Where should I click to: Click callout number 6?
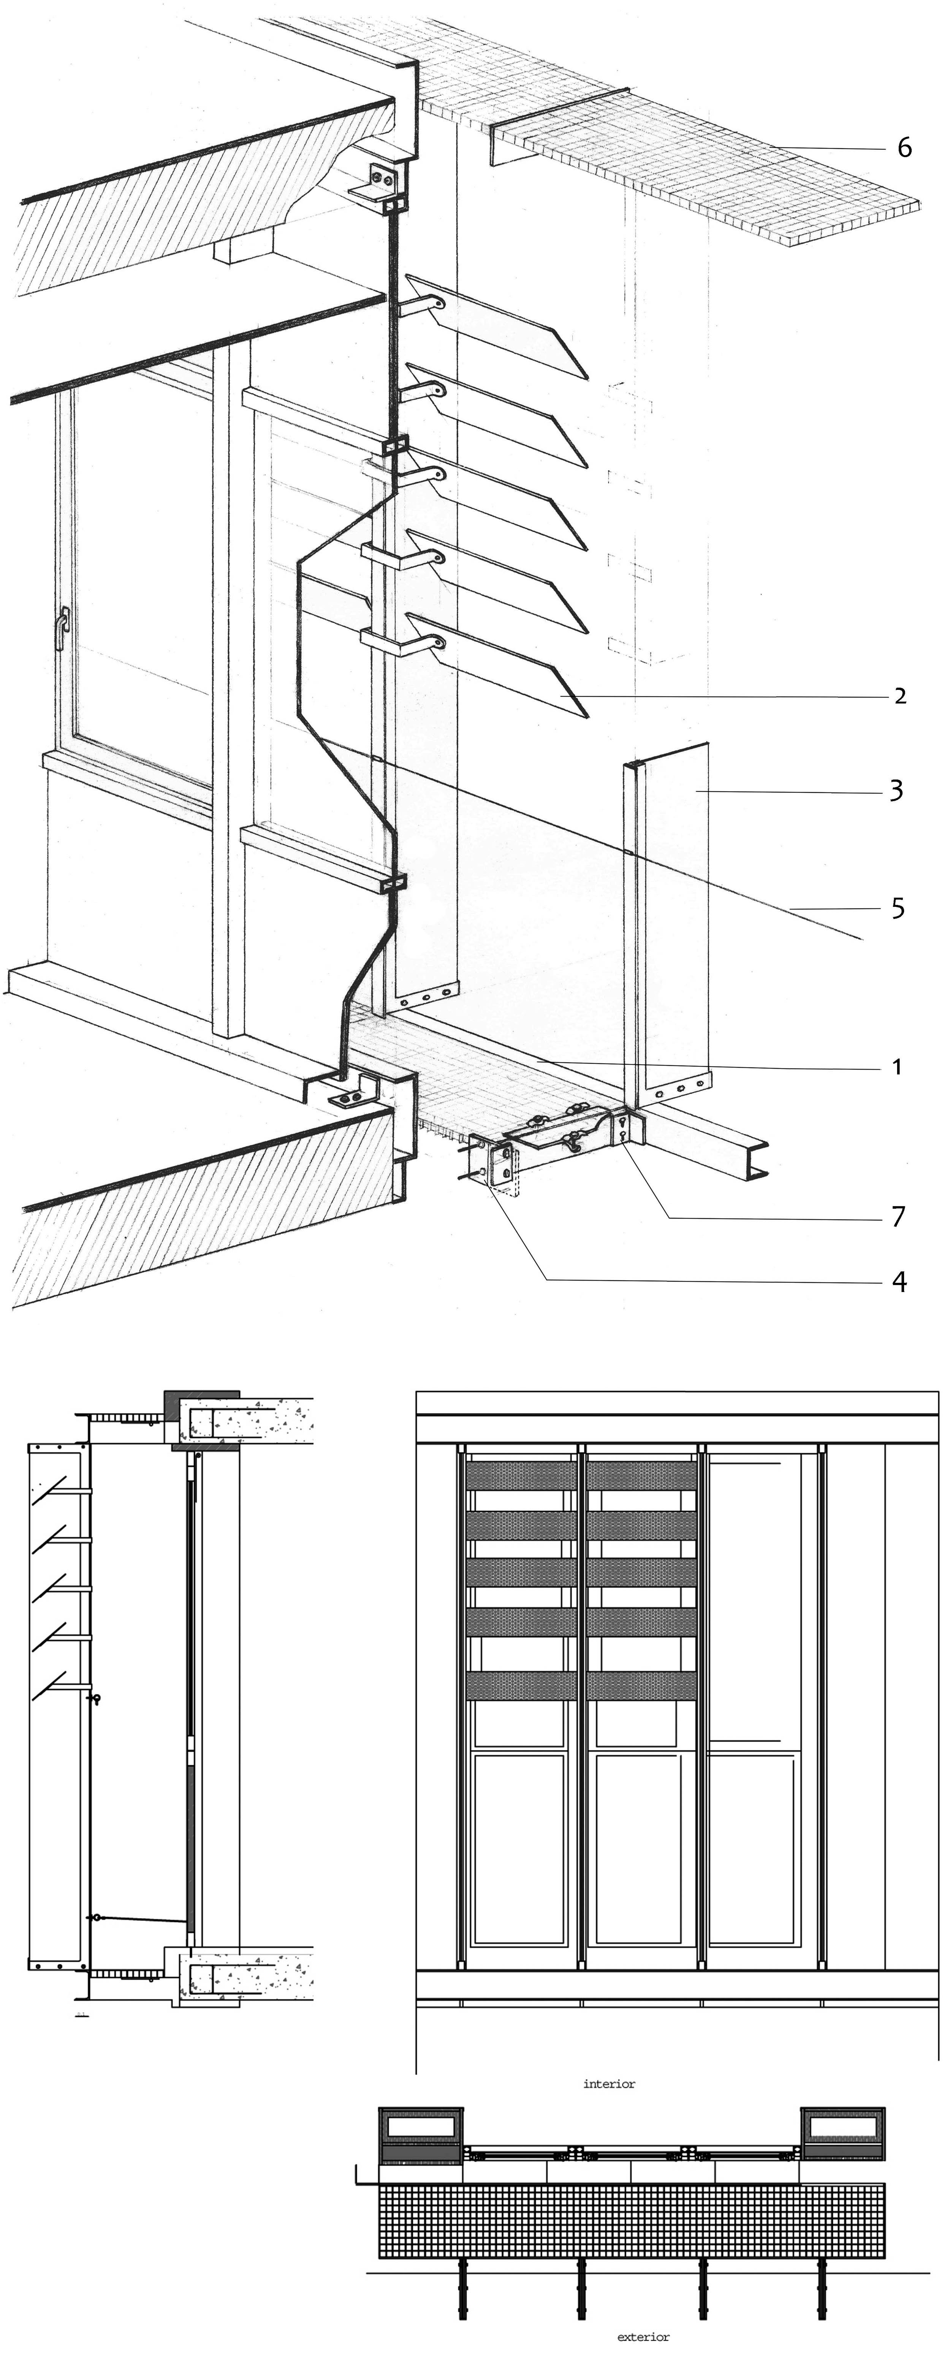pyautogui.click(x=904, y=148)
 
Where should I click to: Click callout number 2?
pyautogui.click(x=899, y=696)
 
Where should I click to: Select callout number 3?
pyautogui.click(x=896, y=789)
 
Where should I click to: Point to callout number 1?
pyautogui.click(x=897, y=1067)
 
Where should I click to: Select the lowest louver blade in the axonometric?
pyautogui.click(x=501, y=664)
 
